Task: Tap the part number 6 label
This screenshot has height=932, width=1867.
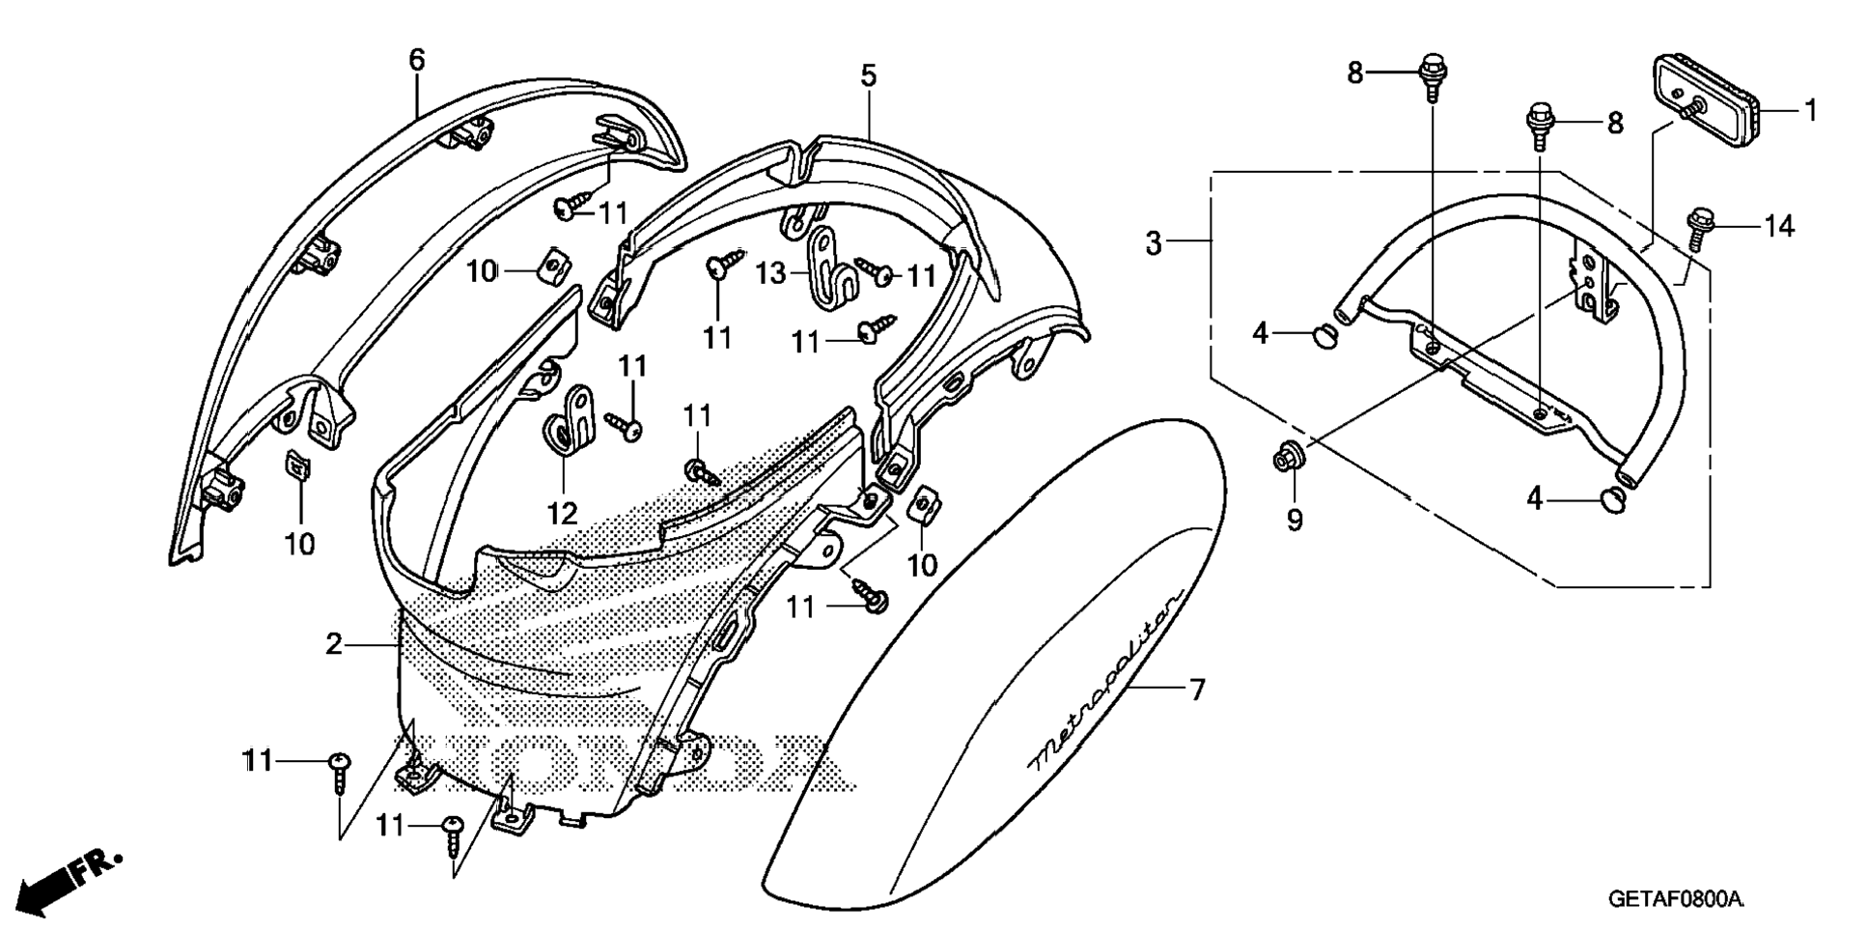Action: point(416,60)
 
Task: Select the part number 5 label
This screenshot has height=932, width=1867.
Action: point(869,74)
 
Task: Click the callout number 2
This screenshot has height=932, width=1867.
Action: point(333,644)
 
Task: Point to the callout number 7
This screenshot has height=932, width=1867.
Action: point(1197,690)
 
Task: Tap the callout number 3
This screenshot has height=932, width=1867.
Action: point(1154,243)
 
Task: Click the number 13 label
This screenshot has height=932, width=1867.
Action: point(770,273)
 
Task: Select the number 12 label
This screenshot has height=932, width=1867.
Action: point(563,513)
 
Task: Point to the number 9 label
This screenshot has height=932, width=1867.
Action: point(1295,521)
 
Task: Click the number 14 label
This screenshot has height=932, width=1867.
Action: point(1778,227)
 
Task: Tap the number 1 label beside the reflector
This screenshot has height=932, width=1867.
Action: point(1811,111)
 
